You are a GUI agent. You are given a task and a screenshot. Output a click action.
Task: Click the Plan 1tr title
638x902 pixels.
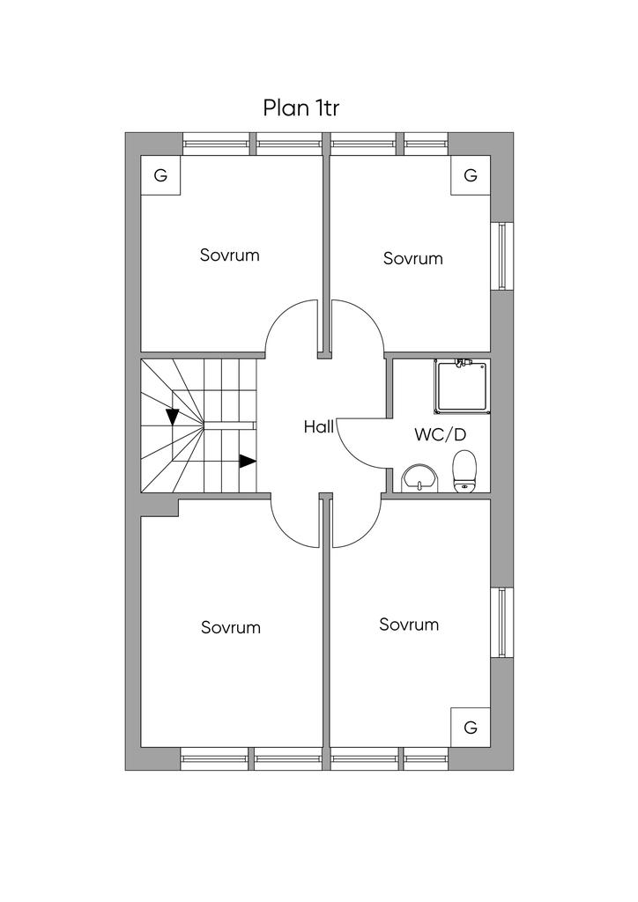click(300, 107)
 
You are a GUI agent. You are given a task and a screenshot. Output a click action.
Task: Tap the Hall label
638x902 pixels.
click(318, 427)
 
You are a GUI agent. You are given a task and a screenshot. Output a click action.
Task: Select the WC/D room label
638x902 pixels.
click(440, 435)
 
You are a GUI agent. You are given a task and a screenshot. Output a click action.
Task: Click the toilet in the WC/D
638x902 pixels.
click(464, 471)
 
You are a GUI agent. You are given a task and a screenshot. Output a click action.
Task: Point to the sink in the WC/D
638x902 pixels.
click(420, 478)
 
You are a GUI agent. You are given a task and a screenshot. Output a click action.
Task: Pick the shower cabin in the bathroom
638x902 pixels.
click(463, 386)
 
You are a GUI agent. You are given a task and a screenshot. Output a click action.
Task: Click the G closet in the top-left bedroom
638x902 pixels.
click(161, 175)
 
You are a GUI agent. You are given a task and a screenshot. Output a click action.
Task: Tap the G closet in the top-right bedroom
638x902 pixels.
click(470, 175)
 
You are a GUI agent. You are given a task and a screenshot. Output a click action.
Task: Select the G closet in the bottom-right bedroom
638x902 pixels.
click(470, 727)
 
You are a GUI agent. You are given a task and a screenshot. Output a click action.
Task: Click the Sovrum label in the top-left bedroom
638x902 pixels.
click(229, 255)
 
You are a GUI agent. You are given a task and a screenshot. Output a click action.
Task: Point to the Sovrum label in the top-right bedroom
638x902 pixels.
click(413, 258)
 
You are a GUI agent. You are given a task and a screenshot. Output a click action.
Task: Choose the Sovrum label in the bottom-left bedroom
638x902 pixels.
click(231, 627)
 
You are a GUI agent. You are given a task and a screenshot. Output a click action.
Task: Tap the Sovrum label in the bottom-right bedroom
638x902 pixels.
click(409, 625)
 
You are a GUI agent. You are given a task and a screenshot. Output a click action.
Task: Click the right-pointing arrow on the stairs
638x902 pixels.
click(248, 461)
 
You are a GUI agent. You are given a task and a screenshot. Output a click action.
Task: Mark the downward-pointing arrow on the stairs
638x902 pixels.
click(173, 417)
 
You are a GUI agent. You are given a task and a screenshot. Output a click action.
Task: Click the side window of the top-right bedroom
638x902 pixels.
click(502, 255)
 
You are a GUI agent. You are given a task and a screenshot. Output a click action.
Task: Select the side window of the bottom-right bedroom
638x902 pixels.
click(502, 622)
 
